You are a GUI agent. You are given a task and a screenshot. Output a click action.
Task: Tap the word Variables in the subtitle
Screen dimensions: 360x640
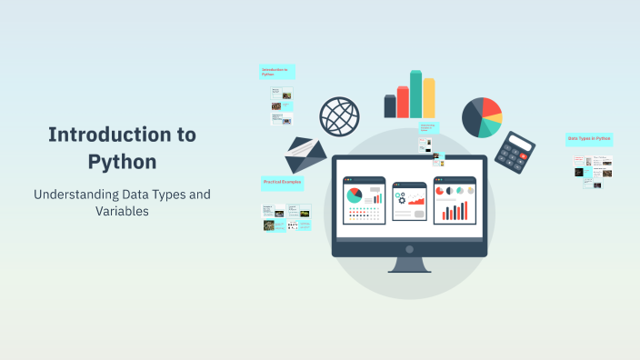point(122,211)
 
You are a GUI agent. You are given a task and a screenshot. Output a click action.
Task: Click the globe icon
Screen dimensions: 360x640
point(339,116)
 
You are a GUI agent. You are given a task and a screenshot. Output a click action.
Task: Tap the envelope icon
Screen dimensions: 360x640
point(305,155)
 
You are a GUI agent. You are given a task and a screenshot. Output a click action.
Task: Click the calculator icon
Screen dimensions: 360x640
point(520,155)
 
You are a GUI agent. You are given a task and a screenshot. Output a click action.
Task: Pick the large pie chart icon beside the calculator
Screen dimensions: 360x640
point(482,116)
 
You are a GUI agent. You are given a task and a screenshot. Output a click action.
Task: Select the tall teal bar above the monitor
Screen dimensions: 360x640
point(415,94)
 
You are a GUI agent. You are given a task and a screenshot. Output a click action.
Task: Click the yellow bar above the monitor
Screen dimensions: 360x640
point(429,97)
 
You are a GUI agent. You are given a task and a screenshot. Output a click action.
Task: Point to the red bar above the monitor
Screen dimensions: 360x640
point(403,102)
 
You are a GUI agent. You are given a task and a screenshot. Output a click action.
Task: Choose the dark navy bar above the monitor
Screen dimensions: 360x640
point(390,106)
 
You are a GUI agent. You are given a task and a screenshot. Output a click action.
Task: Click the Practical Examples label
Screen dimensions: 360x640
point(282,183)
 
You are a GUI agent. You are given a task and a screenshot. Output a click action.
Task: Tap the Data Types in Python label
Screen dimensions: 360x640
point(589,139)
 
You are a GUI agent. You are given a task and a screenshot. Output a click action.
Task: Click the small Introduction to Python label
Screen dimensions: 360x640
point(275,72)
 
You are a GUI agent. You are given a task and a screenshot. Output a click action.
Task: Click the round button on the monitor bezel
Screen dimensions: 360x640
point(409,249)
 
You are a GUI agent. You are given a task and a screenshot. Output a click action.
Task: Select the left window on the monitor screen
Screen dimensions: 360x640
point(364,199)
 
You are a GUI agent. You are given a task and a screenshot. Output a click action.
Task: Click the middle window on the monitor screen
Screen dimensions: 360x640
point(409,199)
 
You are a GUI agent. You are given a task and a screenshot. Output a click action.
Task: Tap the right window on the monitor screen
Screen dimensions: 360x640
point(455,199)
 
